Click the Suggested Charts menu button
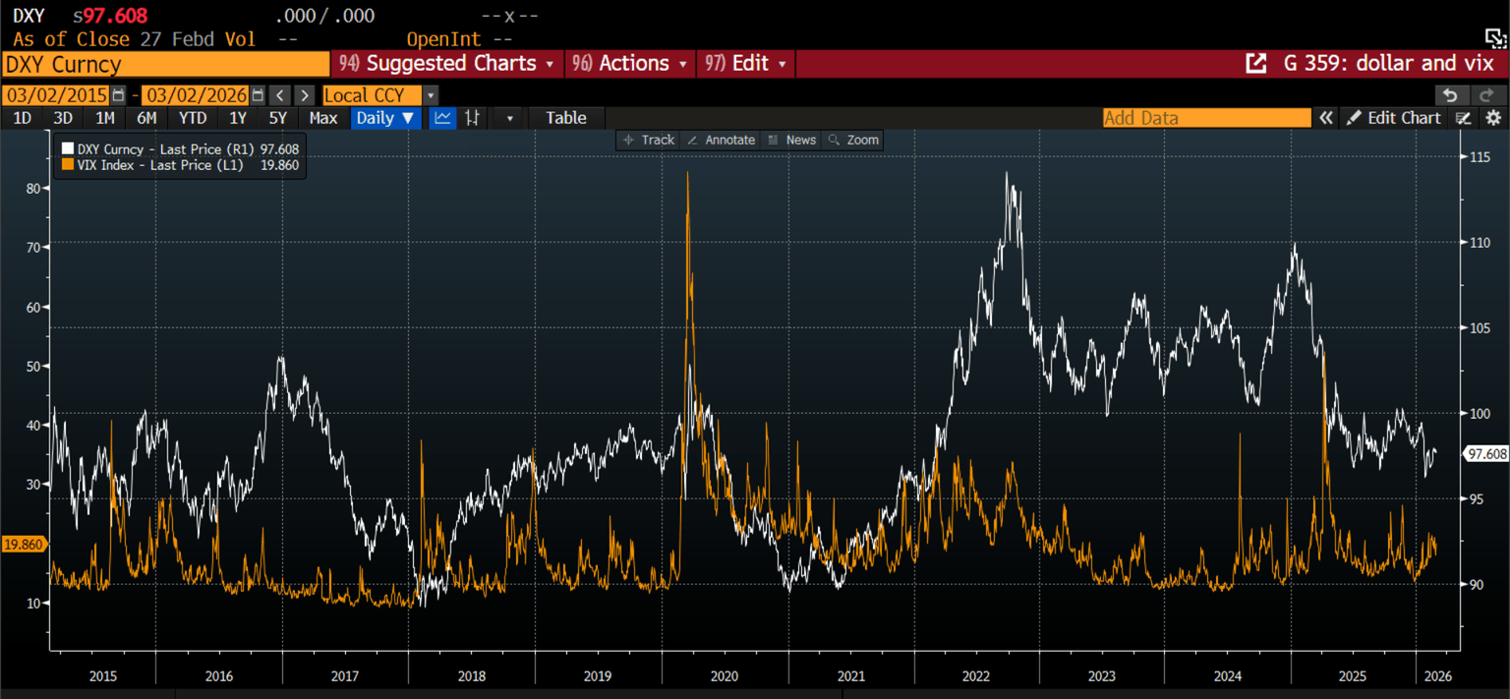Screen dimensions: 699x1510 pos(449,64)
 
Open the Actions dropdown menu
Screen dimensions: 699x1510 pos(629,64)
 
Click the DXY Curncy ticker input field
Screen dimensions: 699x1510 pos(165,65)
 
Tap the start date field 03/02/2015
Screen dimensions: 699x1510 pos(56,95)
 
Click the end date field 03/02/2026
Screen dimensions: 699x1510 pos(196,95)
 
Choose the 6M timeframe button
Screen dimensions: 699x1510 pos(146,118)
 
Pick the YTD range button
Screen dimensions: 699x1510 pos(193,118)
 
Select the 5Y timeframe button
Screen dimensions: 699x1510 pos(278,118)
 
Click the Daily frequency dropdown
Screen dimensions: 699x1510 pos(385,118)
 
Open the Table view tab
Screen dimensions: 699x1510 pos(566,118)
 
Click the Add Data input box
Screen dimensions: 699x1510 pos(1206,118)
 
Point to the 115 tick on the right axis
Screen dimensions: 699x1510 pos(1480,157)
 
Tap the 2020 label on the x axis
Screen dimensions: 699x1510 pos(724,676)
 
